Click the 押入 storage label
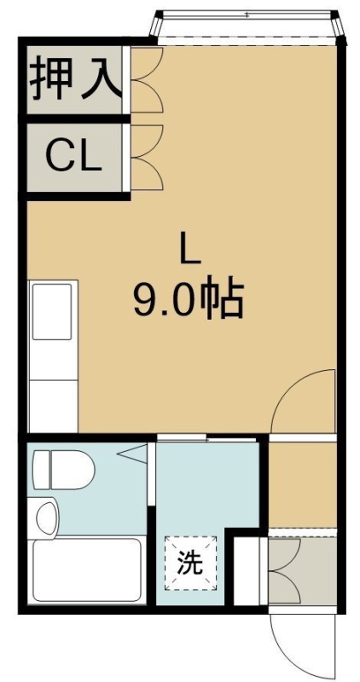(x=75, y=78)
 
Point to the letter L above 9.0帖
(x=188, y=251)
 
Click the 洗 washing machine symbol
(x=190, y=564)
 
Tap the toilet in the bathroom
(x=64, y=470)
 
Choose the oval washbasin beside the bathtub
(x=46, y=520)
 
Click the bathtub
(x=86, y=570)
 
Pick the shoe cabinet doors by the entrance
(x=283, y=570)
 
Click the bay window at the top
(x=247, y=27)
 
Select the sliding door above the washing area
(x=206, y=437)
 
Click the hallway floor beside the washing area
(x=302, y=484)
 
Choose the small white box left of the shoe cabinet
(x=247, y=570)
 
